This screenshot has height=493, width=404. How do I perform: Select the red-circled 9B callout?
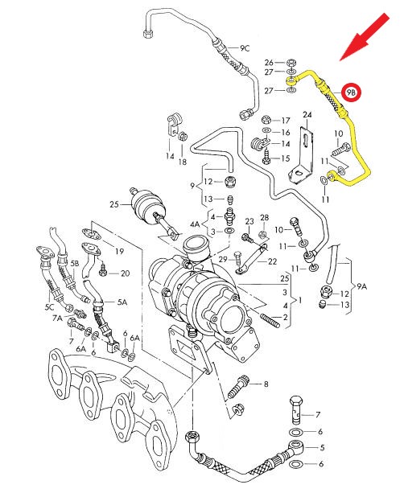tap(352, 93)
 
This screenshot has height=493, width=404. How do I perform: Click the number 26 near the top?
tap(269, 62)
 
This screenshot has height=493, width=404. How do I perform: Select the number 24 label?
tap(306, 116)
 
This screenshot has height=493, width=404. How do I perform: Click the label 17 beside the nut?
tap(285, 120)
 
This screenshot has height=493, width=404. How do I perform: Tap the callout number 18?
tap(183, 162)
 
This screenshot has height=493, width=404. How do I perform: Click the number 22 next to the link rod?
tap(272, 261)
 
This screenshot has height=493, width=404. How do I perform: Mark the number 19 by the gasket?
tap(119, 251)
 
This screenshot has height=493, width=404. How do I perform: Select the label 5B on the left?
tap(74, 263)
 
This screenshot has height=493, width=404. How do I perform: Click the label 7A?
tap(57, 319)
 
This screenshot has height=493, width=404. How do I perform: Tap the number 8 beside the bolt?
tap(266, 384)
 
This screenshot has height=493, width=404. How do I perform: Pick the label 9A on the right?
tap(361, 285)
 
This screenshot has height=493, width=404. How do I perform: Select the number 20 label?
tap(125, 273)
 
